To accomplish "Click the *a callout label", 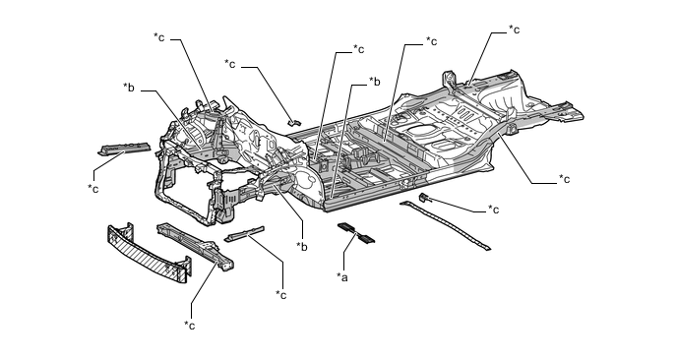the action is pyautogui.click(x=342, y=277).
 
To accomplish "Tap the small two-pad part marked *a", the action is pyautogui.click(x=356, y=233).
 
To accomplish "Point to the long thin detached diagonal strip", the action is pyautogui.click(x=445, y=225).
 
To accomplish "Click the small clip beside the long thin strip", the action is pyautogui.click(x=425, y=198).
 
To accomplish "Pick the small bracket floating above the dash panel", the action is pyautogui.click(x=294, y=122).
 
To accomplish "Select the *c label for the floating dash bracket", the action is pyautogui.click(x=229, y=64).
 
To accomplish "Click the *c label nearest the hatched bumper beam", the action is pyautogui.click(x=189, y=325).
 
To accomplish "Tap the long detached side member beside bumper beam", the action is pyautogui.click(x=196, y=247).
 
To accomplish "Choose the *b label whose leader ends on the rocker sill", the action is pyautogui.click(x=374, y=82).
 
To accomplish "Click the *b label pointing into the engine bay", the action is pyautogui.click(x=129, y=88).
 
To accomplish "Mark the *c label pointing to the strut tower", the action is pyautogui.click(x=158, y=37).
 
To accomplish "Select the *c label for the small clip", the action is pyautogui.click(x=494, y=209).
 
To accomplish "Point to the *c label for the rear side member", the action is pyautogui.click(x=564, y=179).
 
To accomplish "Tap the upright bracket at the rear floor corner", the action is pyautogui.click(x=449, y=80).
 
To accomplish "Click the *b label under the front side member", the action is pyautogui.click(x=302, y=247).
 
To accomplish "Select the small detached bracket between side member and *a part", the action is pyautogui.click(x=244, y=233).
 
